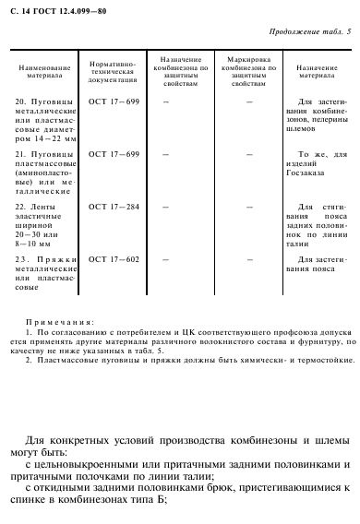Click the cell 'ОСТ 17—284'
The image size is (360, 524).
coord(113,207)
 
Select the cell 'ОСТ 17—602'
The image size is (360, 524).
coord(113,258)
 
